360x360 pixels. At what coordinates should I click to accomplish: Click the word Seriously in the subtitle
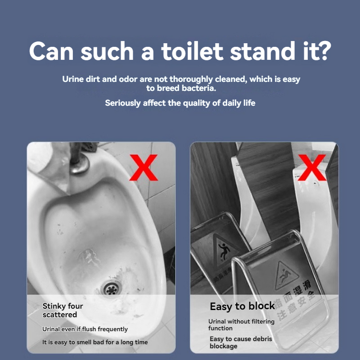coord(123,103)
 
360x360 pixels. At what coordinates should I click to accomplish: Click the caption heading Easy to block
coord(242,306)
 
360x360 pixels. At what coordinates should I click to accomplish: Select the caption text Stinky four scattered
coord(63,310)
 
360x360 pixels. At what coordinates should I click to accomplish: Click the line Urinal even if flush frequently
coord(85,329)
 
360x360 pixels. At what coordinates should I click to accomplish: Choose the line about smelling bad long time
coord(95,342)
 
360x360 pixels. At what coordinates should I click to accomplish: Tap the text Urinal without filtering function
coord(241,325)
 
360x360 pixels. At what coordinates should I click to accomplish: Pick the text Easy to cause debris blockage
coord(241,342)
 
